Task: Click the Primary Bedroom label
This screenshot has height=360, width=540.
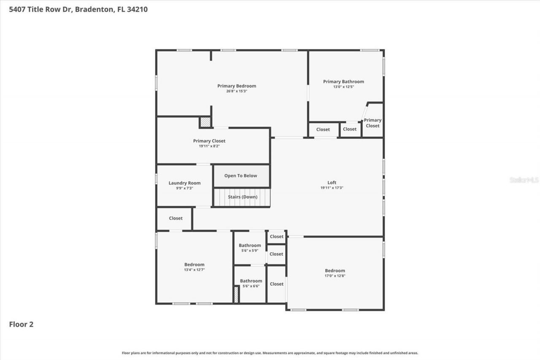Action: point(237,86)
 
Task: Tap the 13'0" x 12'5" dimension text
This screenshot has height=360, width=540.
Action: point(343,87)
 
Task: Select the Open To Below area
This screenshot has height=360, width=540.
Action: point(240,176)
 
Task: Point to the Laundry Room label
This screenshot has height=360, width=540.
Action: point(184,183)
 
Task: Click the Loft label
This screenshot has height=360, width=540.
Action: point(332,183)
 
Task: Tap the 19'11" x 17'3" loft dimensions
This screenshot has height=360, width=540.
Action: point(332,188)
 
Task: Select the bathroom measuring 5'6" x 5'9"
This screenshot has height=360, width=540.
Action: point(250,248)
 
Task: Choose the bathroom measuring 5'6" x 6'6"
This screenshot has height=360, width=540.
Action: point(251,283)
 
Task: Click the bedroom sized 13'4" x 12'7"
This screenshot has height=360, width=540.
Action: point(194,267)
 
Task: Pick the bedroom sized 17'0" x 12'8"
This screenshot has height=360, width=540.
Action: point(335,273)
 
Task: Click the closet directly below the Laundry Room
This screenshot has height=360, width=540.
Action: point(175,218)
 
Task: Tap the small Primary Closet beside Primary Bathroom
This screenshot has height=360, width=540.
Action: point(373,123)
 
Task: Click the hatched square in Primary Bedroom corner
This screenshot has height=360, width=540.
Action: point(205,122)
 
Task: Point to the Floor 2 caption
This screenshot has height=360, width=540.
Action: point(21,324)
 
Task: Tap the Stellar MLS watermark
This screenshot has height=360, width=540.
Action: point(524,180)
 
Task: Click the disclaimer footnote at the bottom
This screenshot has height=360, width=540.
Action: point(270,353)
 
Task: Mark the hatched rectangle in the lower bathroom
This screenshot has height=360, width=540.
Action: point(236,295)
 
